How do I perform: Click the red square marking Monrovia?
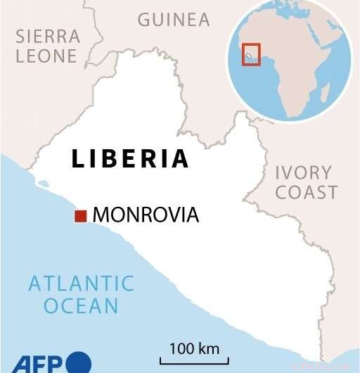click(x=81, y=216)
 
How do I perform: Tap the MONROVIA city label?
click(x=146, y=215)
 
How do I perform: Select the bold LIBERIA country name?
click(x=131, y=158)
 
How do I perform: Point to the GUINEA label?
click(x=174, y=20)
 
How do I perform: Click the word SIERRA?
click(x=47, y=37)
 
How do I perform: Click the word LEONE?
click(x=47, y=56)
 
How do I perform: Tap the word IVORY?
click(x=304, y=172)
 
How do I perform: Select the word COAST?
click(x=307, y=192)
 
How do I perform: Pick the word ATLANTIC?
click(x=81, y=284)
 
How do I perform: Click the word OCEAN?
click(x=81, y=306)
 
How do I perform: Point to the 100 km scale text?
click(x=194, y=348)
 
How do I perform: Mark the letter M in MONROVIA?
click(x=101, y=215)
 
